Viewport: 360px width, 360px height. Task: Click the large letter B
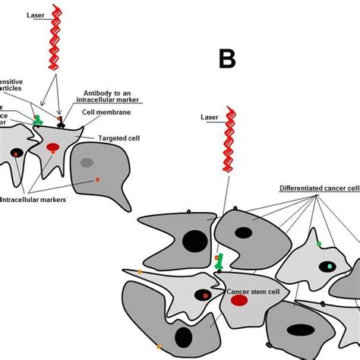[x=227, y=58]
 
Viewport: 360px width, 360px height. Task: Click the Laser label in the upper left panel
[x=35, y=14]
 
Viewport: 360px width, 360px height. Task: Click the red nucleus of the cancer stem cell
[x=238, y=300]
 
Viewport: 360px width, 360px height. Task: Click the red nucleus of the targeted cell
[x=53, y=146]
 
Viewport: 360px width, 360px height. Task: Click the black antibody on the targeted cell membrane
[x=61, y=121]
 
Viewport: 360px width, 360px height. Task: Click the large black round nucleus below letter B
[x=194, y=242]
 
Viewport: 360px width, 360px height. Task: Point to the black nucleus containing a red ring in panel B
[x=204, y=295]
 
